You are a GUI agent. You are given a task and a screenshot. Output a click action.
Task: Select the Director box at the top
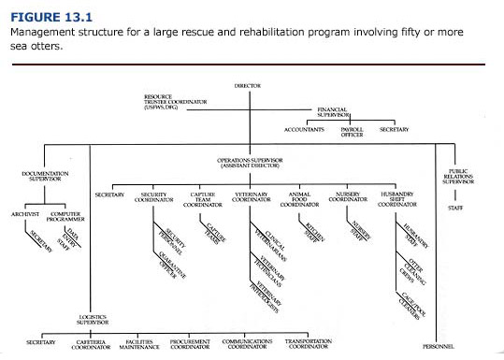[x=248, y=85]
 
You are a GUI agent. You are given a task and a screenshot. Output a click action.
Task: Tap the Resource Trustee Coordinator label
[x=169, y=102]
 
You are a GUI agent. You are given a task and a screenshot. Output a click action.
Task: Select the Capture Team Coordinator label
[x=203, y=197]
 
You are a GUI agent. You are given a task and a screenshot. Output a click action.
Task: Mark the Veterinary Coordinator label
[x=251, y=197]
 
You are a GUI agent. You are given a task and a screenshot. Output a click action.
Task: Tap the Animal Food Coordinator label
[x=302, y=197]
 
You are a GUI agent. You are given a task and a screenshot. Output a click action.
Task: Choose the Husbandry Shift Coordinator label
[x=400, y=197]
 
